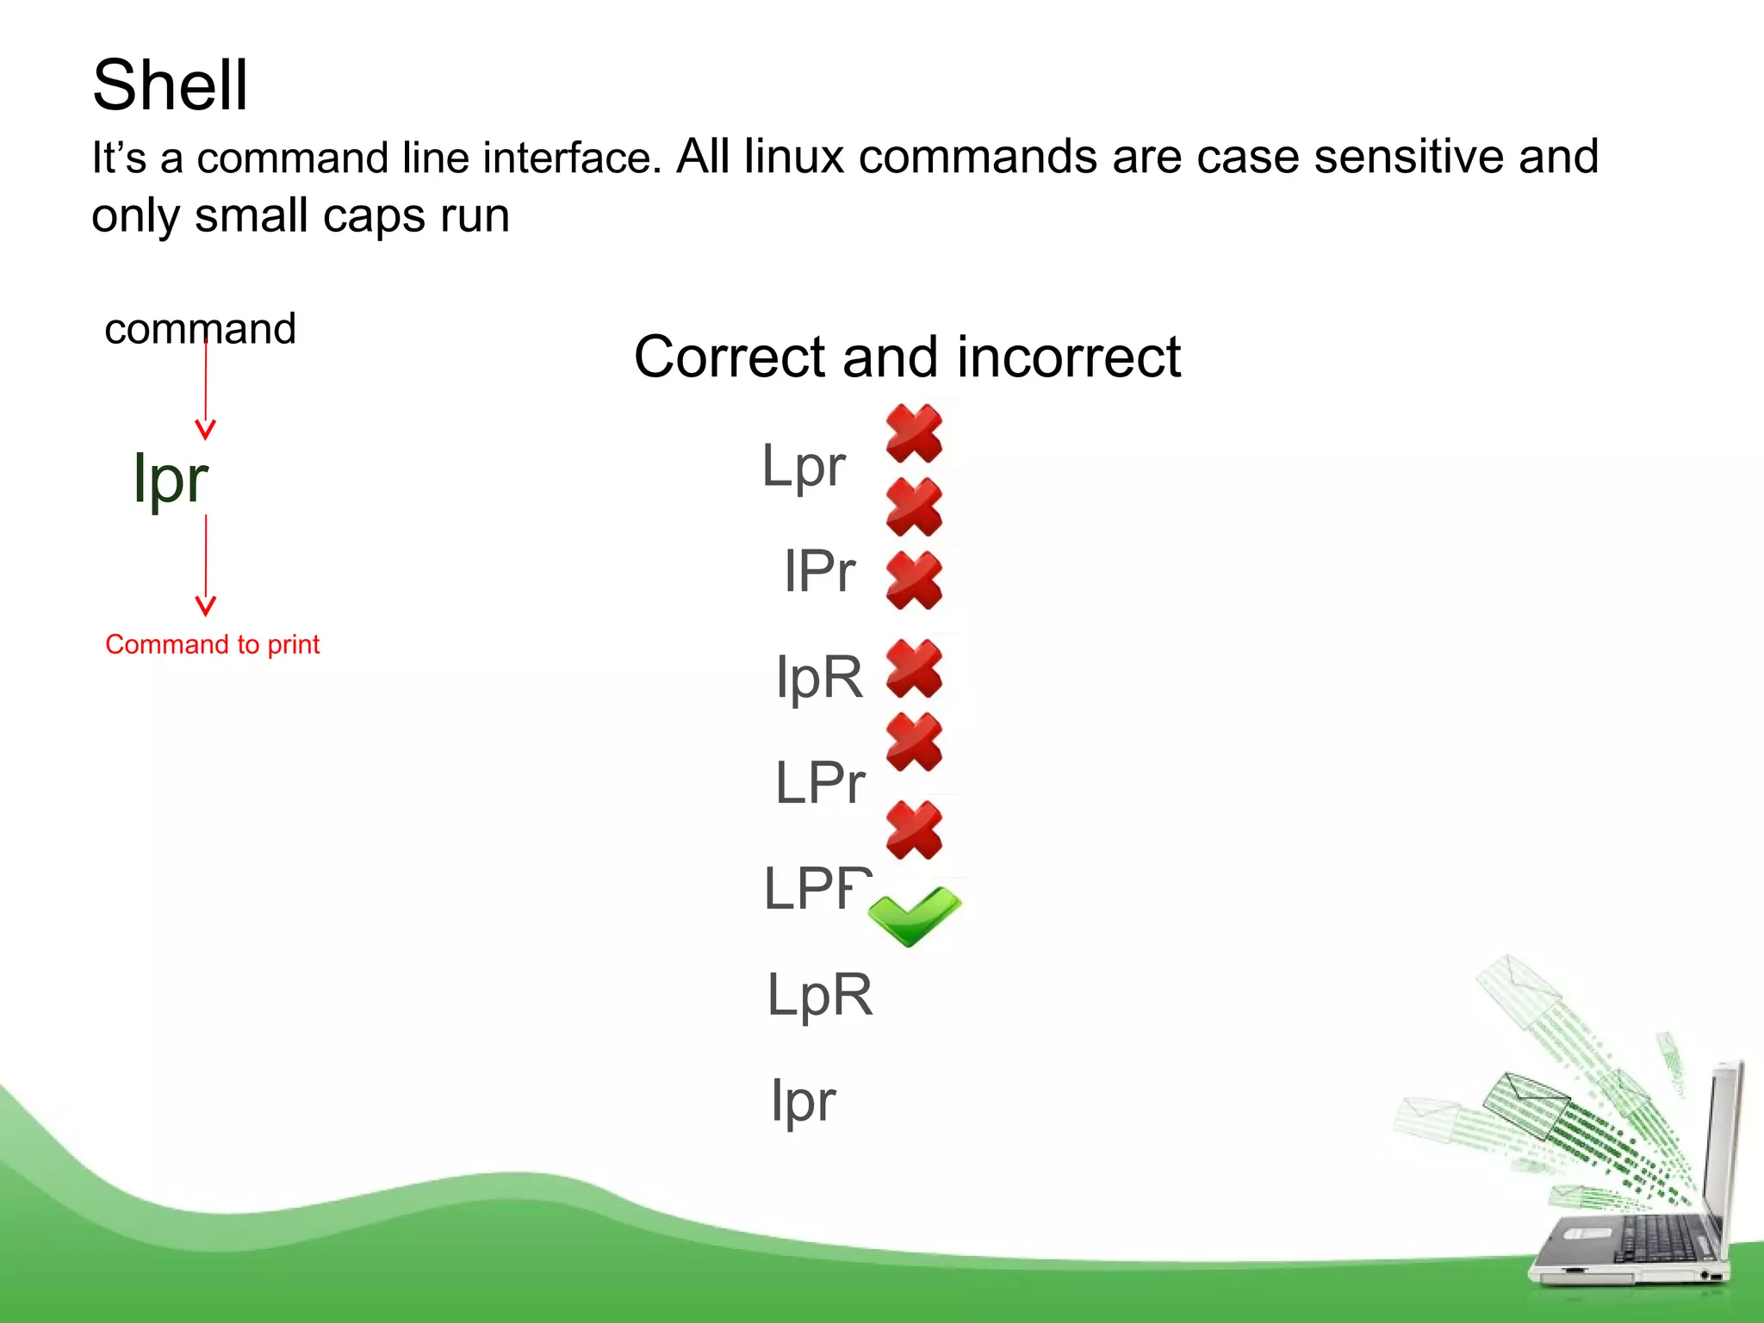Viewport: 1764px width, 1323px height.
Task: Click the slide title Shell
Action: (x=170, y=85)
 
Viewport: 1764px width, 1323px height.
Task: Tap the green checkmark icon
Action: (x=914, y=915)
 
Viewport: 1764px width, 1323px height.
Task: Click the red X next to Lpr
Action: (x=914, y=433)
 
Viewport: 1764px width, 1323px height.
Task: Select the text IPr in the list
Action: (x=819, y=571)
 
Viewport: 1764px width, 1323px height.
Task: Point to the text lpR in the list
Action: (x=819, y=677)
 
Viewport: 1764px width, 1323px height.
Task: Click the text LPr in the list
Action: (x=819, y=783)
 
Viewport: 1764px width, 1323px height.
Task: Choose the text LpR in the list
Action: (x=819, y=995)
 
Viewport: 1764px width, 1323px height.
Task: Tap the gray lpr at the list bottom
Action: (x=803, y=1102)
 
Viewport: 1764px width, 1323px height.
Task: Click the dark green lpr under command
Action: (x=171, y=479)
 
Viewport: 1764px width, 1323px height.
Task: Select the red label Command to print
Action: (x=212, y=644)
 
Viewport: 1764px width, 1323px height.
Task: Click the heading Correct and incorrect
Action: (x=907, y=357)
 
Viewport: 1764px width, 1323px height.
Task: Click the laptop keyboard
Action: (x=1658, y=1240)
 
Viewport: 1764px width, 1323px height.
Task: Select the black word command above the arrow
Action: (x=200, y=329)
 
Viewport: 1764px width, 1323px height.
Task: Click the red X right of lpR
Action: (x=914, y=668)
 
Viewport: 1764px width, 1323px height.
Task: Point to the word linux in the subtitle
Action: (x=793, y=157)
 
